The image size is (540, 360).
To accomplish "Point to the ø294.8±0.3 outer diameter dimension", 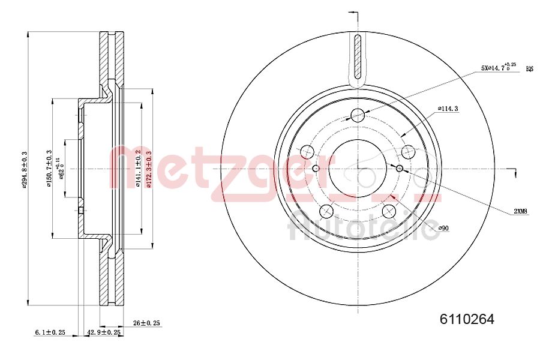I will click(25, 170).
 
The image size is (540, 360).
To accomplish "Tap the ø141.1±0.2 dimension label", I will click(137, 170).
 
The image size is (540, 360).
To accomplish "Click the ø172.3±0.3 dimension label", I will click(148, 170).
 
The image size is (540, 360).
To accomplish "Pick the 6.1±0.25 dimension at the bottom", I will click(50, 331).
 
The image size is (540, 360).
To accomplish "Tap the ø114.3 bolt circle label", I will click(448, 109).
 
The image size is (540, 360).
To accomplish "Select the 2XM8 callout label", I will click(520, 211).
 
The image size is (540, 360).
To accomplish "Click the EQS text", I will click(529, 69).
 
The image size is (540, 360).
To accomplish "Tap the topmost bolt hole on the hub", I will click(358, 115).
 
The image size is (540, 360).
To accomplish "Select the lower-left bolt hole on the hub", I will click(326, 211).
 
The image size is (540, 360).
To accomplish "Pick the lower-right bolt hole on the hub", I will click(389, 211).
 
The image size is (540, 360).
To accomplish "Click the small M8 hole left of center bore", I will click(316, 169).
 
